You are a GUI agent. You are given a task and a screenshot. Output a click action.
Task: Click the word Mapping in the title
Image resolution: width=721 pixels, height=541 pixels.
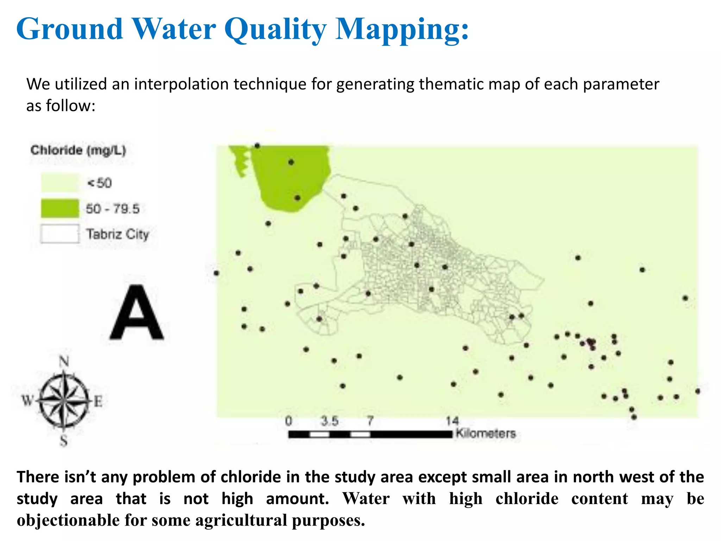point(402,30)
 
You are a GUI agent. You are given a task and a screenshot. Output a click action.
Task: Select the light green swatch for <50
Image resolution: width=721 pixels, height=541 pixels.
point(60,183)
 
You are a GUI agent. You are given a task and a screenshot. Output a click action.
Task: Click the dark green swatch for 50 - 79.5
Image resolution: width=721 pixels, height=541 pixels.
point(60,208)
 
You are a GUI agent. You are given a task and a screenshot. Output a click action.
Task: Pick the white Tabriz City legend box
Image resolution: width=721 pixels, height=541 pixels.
point(60,234)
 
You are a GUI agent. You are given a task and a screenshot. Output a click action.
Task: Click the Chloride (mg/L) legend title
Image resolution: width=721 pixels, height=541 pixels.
point(78,150)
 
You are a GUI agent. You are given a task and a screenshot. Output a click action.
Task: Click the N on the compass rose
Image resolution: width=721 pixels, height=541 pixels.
point(64,361)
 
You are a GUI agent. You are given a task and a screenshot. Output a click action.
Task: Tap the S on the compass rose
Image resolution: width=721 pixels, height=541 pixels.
point(64,440)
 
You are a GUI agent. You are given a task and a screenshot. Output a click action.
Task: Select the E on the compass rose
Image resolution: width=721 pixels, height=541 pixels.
point(98,401)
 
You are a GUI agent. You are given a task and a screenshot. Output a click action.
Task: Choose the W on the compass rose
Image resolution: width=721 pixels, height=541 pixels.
point(27,400)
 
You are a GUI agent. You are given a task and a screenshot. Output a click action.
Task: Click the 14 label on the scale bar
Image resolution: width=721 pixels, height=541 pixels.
point(452,421)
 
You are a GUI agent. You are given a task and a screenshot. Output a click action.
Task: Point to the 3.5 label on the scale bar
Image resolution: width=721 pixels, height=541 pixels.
point(330,421)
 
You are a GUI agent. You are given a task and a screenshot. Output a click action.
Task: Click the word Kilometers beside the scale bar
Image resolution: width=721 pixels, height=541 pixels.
point(485,433)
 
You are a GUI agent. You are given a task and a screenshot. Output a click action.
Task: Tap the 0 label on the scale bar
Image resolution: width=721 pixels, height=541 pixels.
point(288,421)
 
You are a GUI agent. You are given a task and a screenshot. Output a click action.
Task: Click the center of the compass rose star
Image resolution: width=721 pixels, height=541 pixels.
point(64,401)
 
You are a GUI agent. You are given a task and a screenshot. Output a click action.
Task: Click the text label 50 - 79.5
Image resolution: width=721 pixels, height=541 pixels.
point(113,209)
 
